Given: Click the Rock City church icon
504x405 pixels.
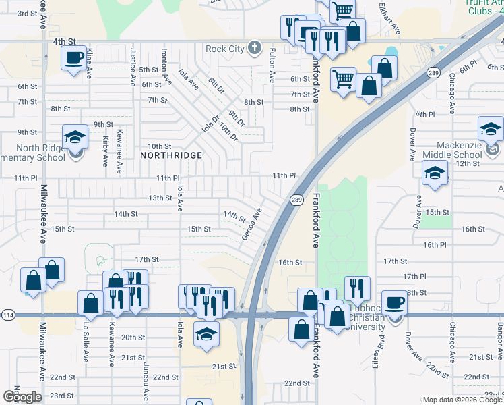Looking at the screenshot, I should click(x=254, y=47).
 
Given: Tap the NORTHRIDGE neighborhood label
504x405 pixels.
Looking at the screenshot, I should click(x=171, y=155).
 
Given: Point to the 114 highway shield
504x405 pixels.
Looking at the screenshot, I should click(x=8, y=315).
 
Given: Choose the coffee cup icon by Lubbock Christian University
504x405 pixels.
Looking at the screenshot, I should click(x=394, y=302).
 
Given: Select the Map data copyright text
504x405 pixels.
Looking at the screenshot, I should click(x=462, y=400).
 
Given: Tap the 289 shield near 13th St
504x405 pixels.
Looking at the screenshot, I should click(x=296, y=200).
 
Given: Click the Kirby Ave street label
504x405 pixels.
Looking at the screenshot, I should click(x=106, y=151).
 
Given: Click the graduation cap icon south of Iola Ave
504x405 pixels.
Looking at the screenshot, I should click(x=206, y=333).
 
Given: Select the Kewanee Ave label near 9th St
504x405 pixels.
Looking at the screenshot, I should click(x=120, y=146).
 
